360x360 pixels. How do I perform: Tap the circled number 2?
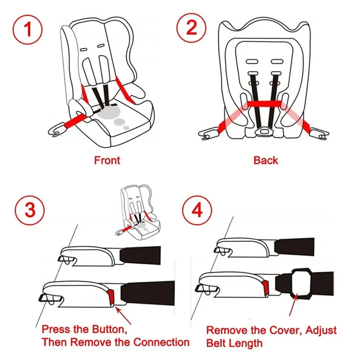pos(191,27)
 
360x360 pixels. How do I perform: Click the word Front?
pos(107,161)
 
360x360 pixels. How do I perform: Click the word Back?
pos(266,161)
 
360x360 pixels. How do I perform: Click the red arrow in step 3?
pos(123,312)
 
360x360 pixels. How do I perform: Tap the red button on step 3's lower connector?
pos(111,296)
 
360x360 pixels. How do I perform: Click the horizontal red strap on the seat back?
pos(265,104)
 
